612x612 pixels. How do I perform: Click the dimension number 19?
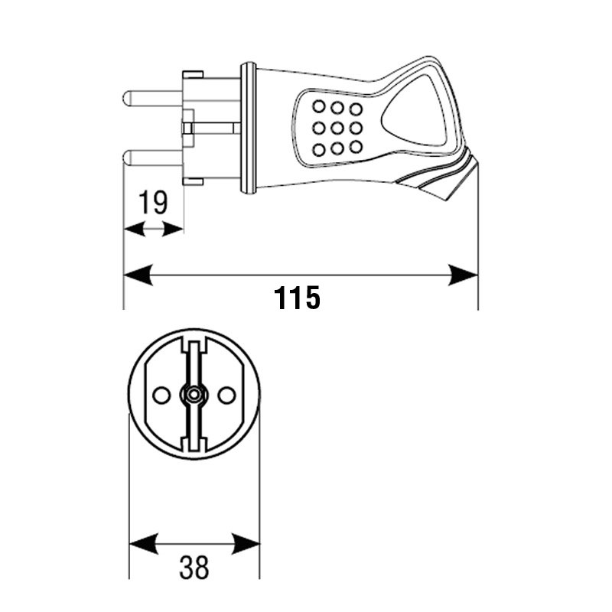(x=154, y=202)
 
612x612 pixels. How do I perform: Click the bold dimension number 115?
(x=297, y=298)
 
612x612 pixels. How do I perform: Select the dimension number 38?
(x=194, y=567)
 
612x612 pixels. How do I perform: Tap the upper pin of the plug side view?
(x=153, y=98)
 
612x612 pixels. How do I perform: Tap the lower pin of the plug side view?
(x=153, y=158)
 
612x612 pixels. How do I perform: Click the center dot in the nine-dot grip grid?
(x=337, y=128)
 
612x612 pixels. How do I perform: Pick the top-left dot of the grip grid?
(x=319, y=106)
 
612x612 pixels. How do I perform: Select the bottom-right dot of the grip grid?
(x=356, y=147)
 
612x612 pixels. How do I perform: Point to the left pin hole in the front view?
(x=161, y=395)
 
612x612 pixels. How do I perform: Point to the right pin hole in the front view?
(x=226, y=395)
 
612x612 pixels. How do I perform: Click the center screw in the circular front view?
(x=194, y=395)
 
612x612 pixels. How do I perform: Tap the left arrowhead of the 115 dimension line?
(x=138, y=275)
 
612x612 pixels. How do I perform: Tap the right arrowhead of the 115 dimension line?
(x=464, y=275)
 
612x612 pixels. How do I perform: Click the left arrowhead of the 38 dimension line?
(x=143, y=543)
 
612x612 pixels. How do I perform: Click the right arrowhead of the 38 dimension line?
(x=246, y=543)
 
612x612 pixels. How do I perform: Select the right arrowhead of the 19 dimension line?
(x=173, y=229)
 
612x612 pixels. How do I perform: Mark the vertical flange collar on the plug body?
(x=248, y=128)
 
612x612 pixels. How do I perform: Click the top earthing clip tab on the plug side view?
(x=193, y=74)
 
